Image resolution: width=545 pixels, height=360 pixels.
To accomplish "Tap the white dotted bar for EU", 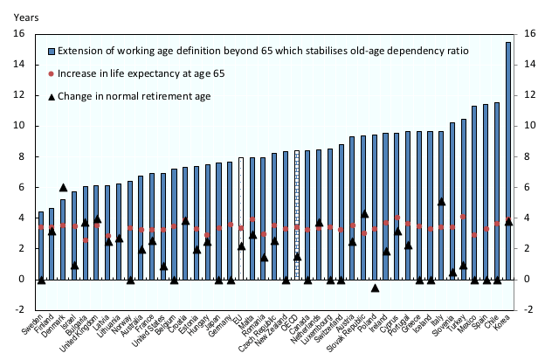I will (241, 218).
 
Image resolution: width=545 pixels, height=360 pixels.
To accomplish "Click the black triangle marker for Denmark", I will (63, 187).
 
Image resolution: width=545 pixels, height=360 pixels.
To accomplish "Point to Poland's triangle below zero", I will (375, 287).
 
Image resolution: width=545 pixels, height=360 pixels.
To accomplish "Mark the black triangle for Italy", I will (442, 202).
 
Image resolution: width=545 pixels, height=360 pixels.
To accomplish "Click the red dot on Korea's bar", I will (508, 220).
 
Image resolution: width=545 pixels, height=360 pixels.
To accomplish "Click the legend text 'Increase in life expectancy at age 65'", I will (143, 74).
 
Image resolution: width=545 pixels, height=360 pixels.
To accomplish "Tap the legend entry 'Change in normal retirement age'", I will (135, 97).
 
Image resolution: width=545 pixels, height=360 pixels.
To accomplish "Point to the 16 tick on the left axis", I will (17, 34).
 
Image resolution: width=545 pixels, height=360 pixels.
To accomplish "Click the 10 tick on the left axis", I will (17, 126).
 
